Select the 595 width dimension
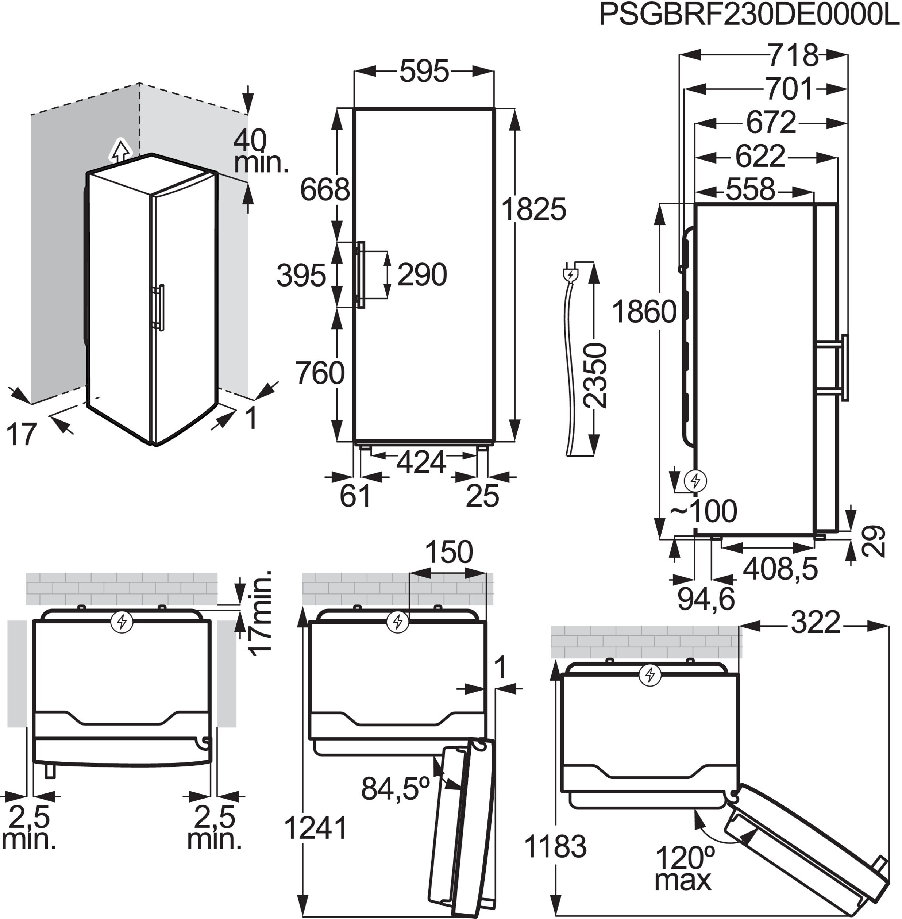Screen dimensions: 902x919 click(424, 72)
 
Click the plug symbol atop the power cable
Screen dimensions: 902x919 click(570, 274)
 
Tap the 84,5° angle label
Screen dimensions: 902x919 click(396, 788)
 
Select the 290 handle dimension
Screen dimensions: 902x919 click(422, 275)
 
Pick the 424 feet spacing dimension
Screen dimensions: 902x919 click(421, 462)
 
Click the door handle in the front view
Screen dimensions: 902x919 click(361, 275)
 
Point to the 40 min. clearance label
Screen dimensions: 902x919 click(261, 152)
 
